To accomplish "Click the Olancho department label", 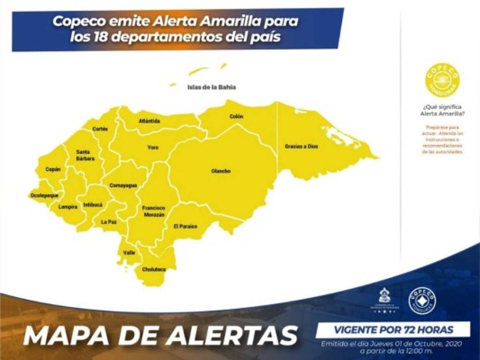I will click(x=221, y=171).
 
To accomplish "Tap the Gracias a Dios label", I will click(x=301, y=147).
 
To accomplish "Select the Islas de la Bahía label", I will click(x=211, y=87).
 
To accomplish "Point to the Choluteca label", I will click(x=154, y=270).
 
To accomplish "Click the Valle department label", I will click(x=129, y=253).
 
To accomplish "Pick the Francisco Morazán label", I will click(x=153, y=211).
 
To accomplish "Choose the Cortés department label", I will click(x=100, y=129).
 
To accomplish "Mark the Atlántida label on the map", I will click(x=149, y=121).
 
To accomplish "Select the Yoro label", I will click(x=153, y=148).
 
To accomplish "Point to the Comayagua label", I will click(x=123, y=186).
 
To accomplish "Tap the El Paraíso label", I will click(x=185, y=226).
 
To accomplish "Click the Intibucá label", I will click(x=93, y=205).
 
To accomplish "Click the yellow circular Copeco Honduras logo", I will click(x=443, y=80).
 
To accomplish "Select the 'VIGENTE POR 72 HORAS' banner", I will click(x=393, y=330).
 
